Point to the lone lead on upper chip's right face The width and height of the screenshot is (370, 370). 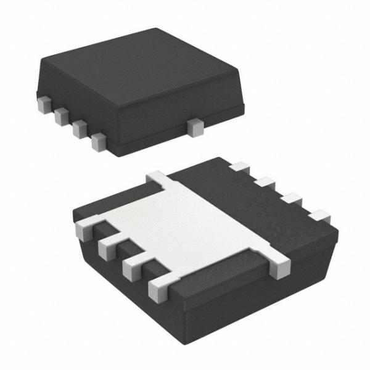pyautogui.click(x=196, y=127)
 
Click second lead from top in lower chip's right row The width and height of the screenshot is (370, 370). pyautogui.click(x=266, y=183)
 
